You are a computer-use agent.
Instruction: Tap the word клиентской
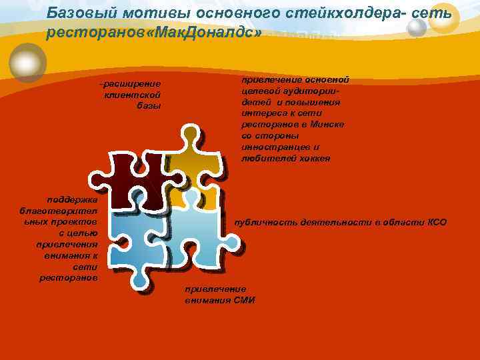pos(133,95)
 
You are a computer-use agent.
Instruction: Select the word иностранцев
pos(267,147)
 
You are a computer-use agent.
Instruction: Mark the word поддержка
pos(73,199)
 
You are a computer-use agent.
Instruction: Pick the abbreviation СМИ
pos(244,300)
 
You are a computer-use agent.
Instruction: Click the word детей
pos(255,103)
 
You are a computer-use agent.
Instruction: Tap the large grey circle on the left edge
pos(27,62)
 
